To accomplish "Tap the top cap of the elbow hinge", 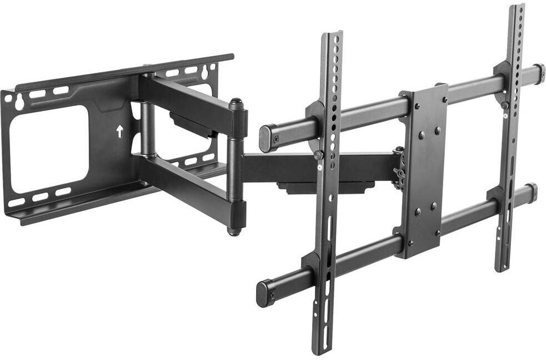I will coord(237,103).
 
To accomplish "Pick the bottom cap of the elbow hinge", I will coord(235,231).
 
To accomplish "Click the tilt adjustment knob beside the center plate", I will coord(399,167).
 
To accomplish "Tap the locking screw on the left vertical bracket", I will coord(318,156).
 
